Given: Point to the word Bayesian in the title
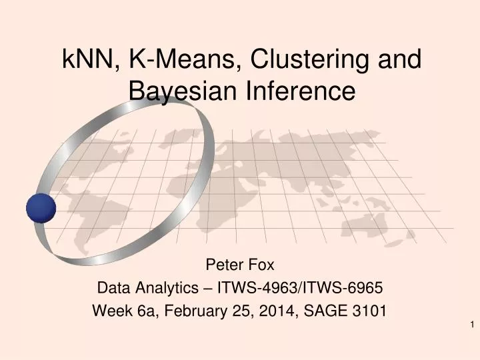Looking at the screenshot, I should coord(179,91).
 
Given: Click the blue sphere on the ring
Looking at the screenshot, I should coord(41,208).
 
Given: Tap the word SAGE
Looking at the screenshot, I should coord(325,311).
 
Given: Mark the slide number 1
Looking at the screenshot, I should coord(471,325).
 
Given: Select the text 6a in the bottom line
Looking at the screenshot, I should coord(147,311).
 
